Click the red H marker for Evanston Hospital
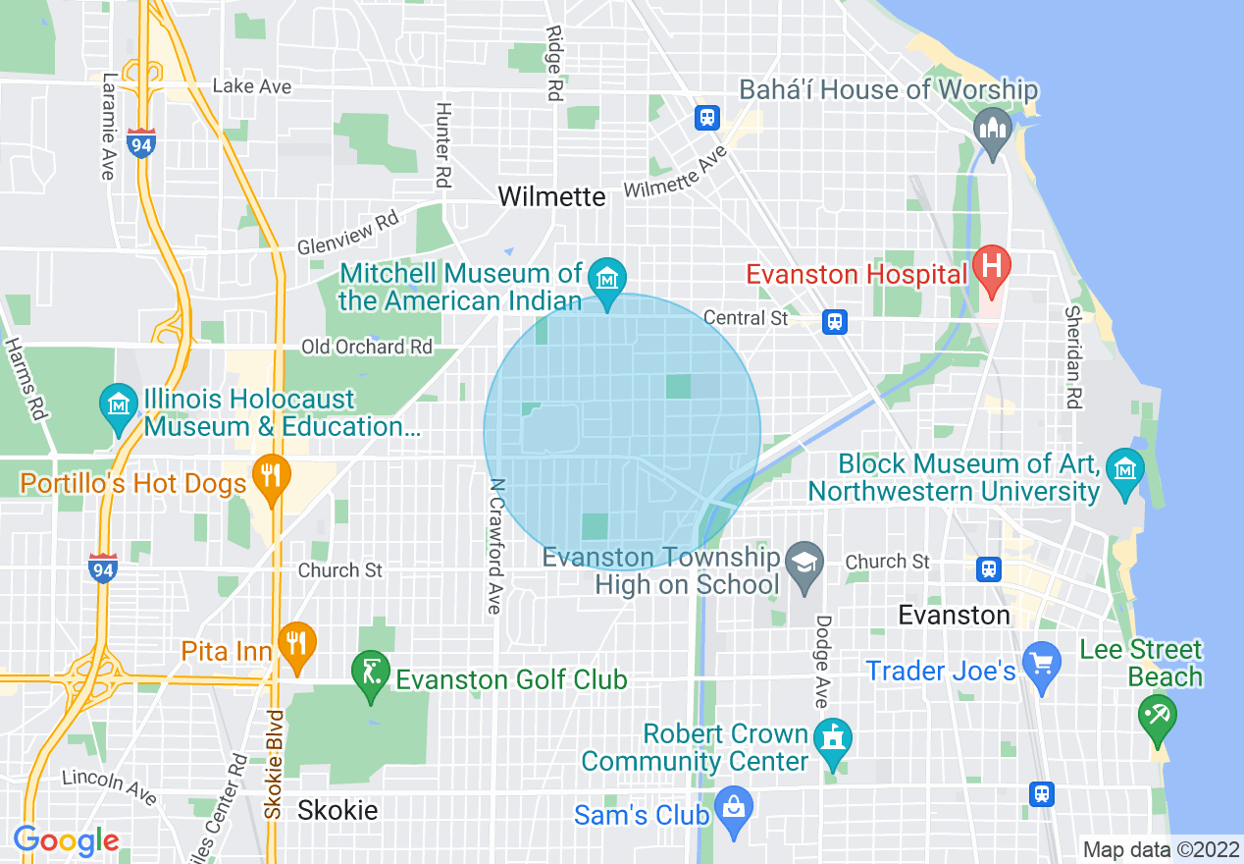point(992,266)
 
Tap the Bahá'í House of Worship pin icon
point(992,129)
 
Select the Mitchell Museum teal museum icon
point(607,280)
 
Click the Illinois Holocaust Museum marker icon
point(119,404)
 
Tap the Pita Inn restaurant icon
point(296,642)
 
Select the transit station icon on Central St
point(835,321)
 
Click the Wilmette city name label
point(551,196)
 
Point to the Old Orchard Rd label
point(366,347)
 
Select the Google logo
point(66,840)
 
